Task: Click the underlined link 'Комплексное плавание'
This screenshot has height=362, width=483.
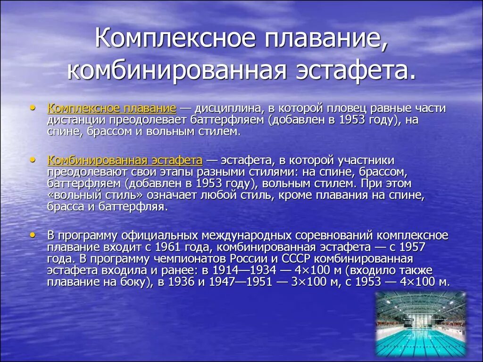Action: point(112,108)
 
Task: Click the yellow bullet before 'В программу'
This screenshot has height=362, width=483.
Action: point(32,234)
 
